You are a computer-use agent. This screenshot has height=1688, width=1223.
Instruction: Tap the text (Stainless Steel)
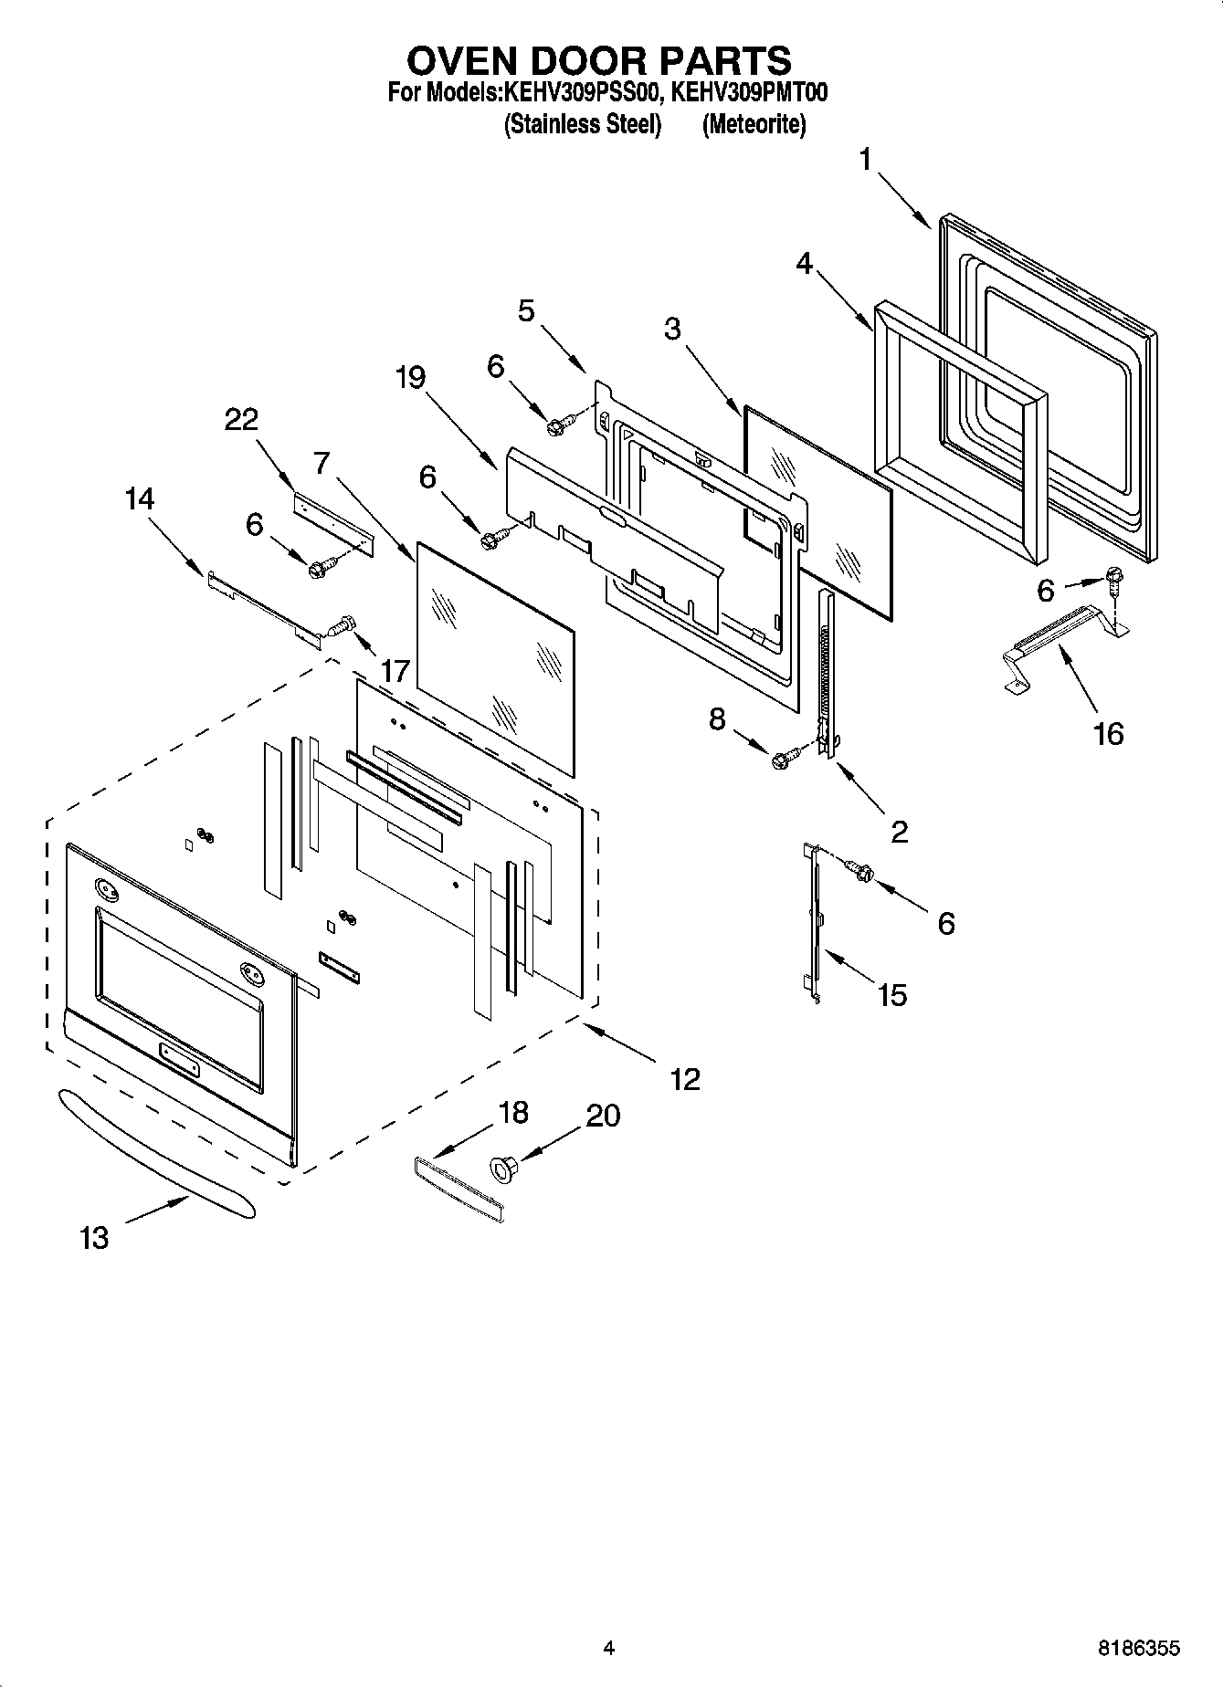(582, 124)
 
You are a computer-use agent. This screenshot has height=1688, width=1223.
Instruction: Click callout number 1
(864, 160)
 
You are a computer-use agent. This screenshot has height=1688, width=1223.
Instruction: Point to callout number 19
(411, 376)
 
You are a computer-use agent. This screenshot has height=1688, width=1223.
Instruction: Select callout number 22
(242, 420)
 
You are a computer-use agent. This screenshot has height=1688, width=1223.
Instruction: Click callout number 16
(1108, 733)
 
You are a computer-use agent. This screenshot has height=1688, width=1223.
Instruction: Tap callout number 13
(94, 1239)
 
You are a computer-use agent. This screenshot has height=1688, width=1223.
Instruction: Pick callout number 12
(684, 1079)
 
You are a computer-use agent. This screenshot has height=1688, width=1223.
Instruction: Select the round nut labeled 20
(504, 1168)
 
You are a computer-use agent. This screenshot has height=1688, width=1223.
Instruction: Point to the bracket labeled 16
(1064, 645)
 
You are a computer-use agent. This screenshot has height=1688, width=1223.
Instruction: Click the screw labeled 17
(341, 626)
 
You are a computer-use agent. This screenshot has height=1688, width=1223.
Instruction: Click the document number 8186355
(1138, 1648)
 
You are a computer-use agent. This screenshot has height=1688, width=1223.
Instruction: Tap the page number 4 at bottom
(609, 1648)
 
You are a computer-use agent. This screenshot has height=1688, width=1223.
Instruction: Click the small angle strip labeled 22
(334, 521)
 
